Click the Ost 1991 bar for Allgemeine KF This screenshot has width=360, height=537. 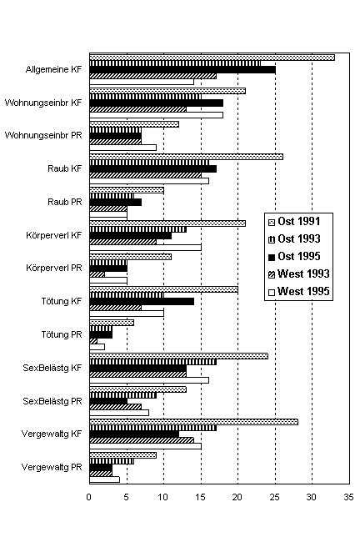pyautogui.click(x=212, y=58)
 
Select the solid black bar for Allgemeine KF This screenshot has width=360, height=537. pyautogui.click(x=182, y=70)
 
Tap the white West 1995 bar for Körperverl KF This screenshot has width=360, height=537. pyautogui.click(x=146, y=248)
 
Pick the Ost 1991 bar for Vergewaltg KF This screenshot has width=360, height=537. pyautogui.click(x=193, y=422)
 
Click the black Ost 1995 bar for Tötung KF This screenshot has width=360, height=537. pyautogui.click(x=142, y=301)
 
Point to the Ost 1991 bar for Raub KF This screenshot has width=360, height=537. pyautogui.click(x=186, y=157)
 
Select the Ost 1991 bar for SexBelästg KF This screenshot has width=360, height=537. pyautogui.click(x=178, y=356)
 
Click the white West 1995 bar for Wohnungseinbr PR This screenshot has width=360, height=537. pyautogui.click(x=122, y=148)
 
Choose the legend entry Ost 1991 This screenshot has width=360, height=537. pyautogui.click(x=294, y=222)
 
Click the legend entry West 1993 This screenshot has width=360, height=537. pyautogui.click(x=298, y=274)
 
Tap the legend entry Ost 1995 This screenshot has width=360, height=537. pyautogui.click(x=294, y=256)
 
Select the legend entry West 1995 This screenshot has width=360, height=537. pyautogui.click(x=298, y=291)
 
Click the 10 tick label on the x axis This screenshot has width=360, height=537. pyautogui.click(x=163, y=497)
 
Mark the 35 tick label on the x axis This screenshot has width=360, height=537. pyautogui.click(x=348, y=497)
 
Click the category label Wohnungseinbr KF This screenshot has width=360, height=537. pyautogui.click(x=43, y=103)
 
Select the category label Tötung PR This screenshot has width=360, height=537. pyautogui.click(x=62, y=334)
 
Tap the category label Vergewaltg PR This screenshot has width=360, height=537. pyautogui.click(x=52, y=467)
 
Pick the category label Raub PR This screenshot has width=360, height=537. pyautogui.click(x=65, y=202)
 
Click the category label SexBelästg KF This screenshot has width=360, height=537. pyautogui.click(x=52, y=368)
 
